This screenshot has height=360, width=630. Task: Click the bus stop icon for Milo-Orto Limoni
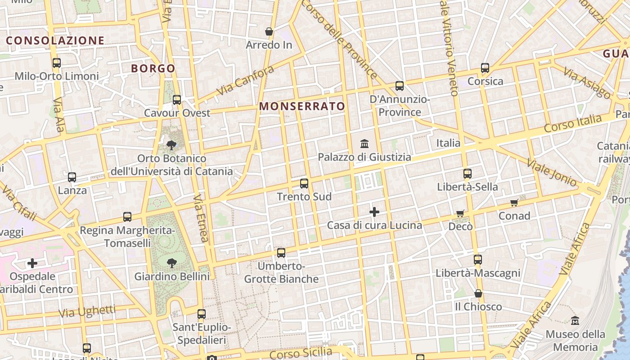pos(57,63)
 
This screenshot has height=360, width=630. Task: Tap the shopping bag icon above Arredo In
pos(269,31)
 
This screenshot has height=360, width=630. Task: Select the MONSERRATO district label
pos(302,107)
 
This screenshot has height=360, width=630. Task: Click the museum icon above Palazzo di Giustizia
pos(364,144)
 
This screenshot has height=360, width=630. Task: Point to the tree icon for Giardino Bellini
pos(171,263)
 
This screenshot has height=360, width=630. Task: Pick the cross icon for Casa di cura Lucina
pos(374,211)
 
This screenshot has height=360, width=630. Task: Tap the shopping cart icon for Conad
pos(514,202)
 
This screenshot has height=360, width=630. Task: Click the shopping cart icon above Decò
pos(460,213)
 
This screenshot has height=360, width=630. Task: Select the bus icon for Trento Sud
pos(304,184)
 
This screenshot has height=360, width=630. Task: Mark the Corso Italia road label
pos(572,123)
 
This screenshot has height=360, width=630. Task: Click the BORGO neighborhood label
pos(153,68)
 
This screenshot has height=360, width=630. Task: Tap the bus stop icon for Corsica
pos(485,68)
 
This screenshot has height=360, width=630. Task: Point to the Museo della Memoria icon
pos(575,321)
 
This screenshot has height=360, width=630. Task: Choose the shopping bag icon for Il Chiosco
pos(478,293)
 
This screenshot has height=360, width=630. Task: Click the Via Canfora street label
pos(245,81)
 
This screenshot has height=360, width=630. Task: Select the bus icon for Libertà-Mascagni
pos(478,260)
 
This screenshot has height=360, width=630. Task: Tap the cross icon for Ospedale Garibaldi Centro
pos(32,263)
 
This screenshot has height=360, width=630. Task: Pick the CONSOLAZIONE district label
pos(55,40)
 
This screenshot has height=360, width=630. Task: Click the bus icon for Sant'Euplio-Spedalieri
pos(202,314)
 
